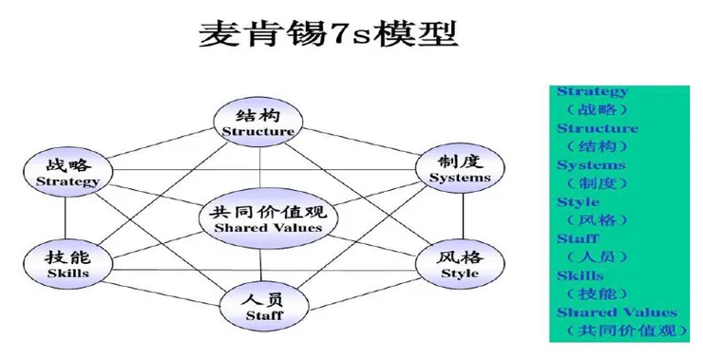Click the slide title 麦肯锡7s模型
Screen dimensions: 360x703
[329, 34]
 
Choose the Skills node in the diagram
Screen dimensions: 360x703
[67, 263]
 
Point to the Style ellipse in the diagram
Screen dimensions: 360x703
[459, 263]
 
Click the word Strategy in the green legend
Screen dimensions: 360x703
[592, 92]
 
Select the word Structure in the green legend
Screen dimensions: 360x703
[597, 128]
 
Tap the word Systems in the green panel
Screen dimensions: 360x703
[591, 164]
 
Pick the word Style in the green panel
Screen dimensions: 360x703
[578, 201]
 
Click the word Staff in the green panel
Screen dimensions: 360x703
[578, 238]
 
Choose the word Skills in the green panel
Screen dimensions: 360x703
[579, 275]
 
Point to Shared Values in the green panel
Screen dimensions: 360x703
[617, 312]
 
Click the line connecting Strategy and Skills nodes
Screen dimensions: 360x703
[66, 217]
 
